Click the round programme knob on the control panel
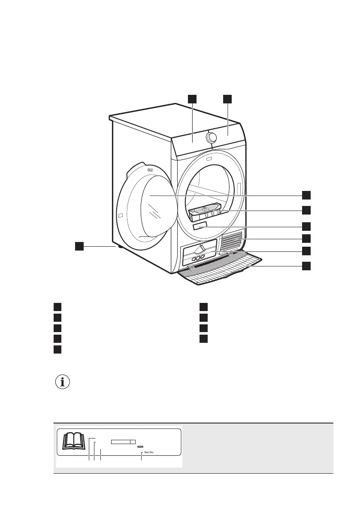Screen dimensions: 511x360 click(212, 137)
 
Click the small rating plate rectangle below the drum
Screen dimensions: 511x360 click(200, 226)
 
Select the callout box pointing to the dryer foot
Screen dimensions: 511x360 click(79, 246)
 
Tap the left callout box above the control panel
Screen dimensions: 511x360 click(192, 99)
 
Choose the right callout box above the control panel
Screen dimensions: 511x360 click(227, 99)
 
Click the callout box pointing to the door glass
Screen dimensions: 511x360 click(306, 195)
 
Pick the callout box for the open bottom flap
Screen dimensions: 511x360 click(306, 266)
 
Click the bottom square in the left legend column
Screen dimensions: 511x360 click(57, 349)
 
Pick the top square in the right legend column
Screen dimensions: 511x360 click(203, 307)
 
